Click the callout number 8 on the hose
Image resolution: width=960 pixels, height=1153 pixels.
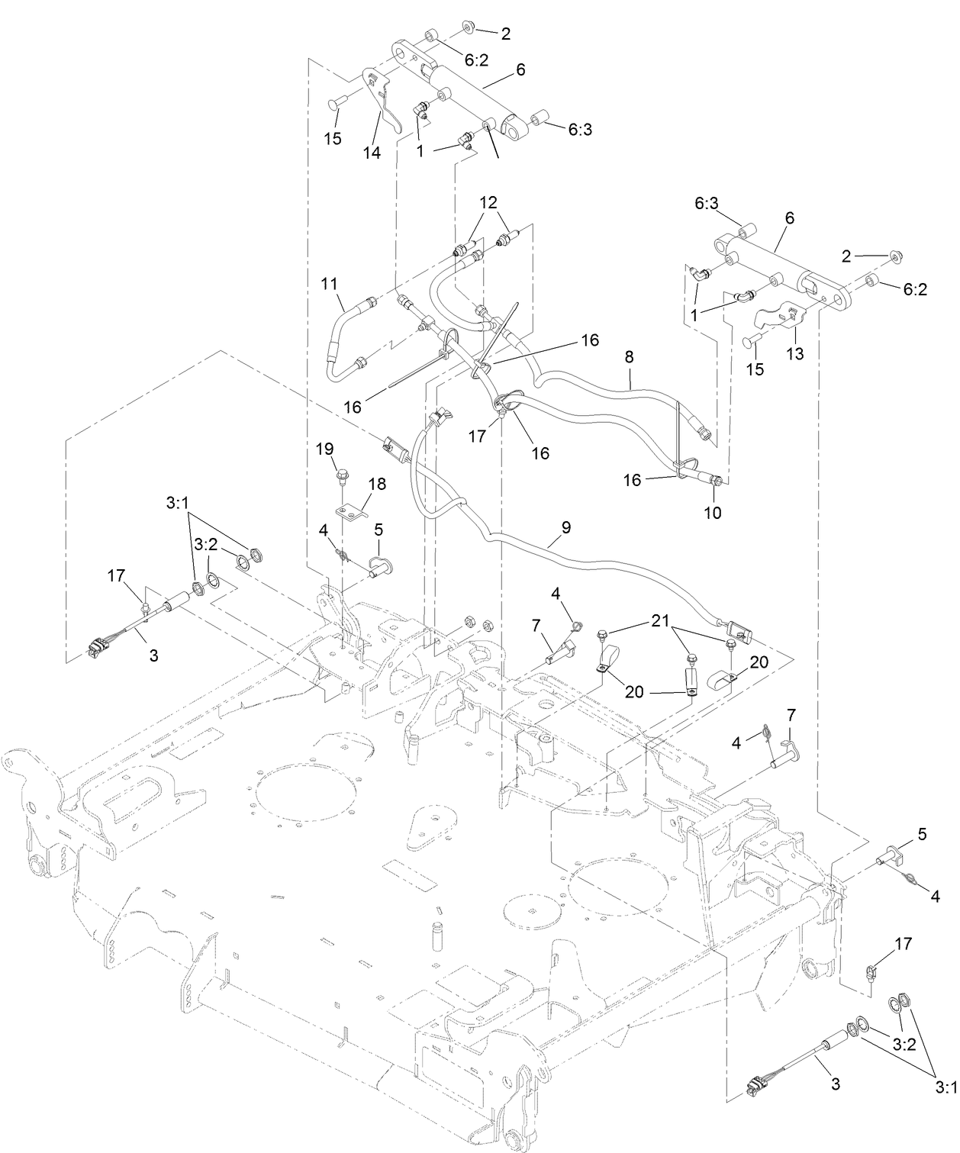tap(629, 356)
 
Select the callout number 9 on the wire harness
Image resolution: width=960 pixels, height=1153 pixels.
tap(565, 527)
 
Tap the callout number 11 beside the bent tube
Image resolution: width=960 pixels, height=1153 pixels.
tap(329, 284)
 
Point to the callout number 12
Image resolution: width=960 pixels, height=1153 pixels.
tap(488, 202)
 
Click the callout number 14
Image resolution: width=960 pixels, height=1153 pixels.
tap(372, 153)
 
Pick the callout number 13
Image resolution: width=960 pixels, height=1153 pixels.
tap(795, 354)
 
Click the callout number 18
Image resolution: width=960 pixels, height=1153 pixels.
tap(377, 483)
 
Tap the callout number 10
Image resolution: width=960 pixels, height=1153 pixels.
tap(712, 513)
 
